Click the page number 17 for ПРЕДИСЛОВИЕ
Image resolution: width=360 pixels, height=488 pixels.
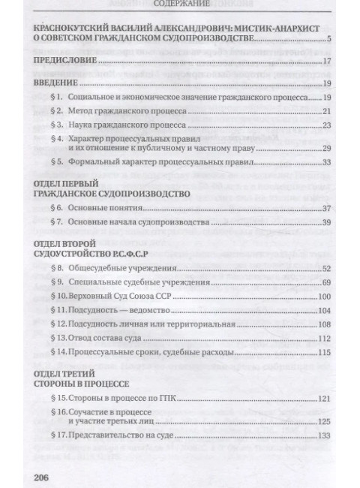pos(327,63)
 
